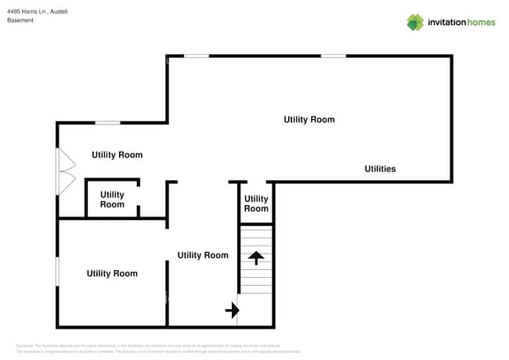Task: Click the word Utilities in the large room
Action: tap(380, 169)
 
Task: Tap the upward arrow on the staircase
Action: tap(256, 257)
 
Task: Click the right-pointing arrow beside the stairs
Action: tap(232, 311)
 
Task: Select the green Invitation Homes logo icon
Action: tap(415, 23)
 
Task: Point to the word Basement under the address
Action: tap(20, 20)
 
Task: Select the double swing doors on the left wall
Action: tap(66, 172)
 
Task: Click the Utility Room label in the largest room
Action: tap(309, 120)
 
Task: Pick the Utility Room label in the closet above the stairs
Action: tap(256, 204)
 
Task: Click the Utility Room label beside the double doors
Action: tap(117, 155)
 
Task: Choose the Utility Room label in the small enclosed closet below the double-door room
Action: tap(112, 200)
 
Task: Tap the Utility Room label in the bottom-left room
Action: tap(112, 274)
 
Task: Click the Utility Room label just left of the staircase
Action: tap(203, 255)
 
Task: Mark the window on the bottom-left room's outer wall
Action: tap(57, 272)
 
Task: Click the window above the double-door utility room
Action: tap(108, 123)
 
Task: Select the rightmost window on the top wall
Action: tap(333, 56)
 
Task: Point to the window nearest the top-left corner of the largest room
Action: tap(197, 56)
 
